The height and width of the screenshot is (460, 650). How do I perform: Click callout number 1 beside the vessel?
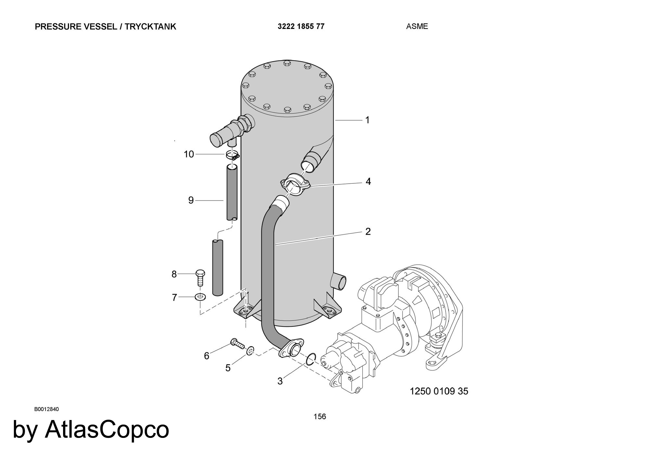tap(367, 120)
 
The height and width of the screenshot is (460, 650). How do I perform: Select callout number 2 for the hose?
tap(368, 231)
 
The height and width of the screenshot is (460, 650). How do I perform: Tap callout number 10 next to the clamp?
tap(189, 154)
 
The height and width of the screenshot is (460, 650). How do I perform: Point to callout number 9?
tap(191, 200)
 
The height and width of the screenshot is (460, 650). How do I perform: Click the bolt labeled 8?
tap(200, 278)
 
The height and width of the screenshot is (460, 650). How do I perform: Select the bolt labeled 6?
tap(237, 343)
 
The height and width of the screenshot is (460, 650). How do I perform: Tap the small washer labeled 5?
tap(250, 351)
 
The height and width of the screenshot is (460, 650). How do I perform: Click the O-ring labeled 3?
tap(310, 359)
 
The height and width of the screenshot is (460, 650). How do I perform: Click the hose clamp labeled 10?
tap(233, 155)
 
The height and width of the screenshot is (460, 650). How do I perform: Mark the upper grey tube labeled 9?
tap(232, 192)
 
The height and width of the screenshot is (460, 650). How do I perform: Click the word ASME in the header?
tap(417, 27)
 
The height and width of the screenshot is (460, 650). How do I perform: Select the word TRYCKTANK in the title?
tap(150, 27)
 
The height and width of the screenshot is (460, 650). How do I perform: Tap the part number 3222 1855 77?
tap(301, 26)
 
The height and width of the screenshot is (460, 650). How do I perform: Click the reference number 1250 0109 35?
tap(439, 391)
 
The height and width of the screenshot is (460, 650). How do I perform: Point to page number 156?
tap(320, 416)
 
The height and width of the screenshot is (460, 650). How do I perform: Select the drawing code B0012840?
tap(46, 409)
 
